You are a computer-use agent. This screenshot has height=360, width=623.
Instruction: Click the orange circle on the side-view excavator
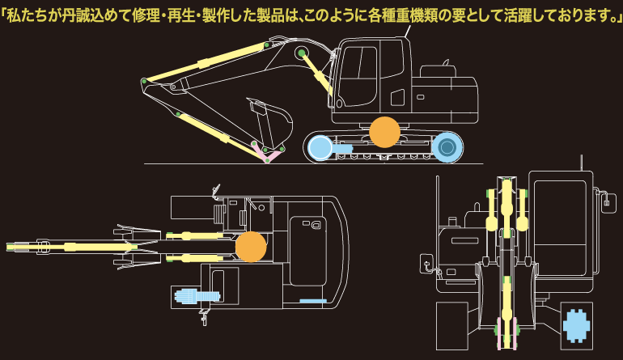click(x=384, y=132)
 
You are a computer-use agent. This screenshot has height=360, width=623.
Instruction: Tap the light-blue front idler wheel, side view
click(x=320, y=147)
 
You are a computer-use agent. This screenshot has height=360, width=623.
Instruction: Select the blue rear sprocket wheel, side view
click(x=447, y=146)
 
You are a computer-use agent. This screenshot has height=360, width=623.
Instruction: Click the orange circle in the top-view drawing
click(x=251, y=247)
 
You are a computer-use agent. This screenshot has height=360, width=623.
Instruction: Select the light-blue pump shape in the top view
click(x=188, y=297)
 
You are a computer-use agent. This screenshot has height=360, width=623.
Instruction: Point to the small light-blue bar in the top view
click(x=312, y=301)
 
